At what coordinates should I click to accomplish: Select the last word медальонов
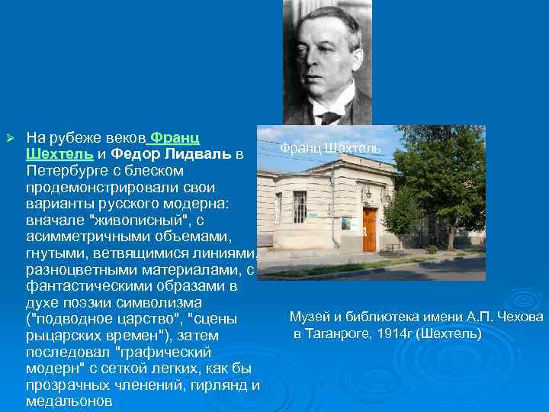pyautogui.click(x=69, y=402)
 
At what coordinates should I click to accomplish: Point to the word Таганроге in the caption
pyautogui.click(x=336, y=333)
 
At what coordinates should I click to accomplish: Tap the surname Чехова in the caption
pyautogui.click(x=523, y=317)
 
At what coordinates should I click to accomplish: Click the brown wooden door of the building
pyautogui.click(x=369, y=229)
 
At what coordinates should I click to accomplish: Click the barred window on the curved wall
pyautogui.click(x=300, y=207)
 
